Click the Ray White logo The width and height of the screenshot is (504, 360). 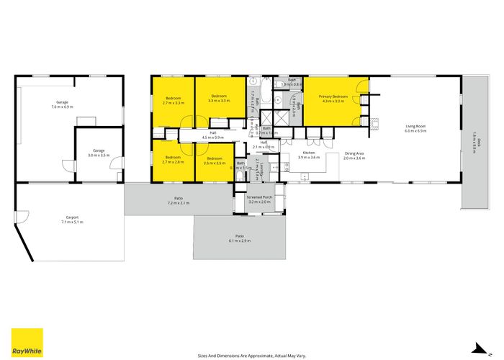coord(27,343)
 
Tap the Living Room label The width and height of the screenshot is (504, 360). coord(415,129)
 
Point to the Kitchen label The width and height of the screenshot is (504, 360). coord(308,155)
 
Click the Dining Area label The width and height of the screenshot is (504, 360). coord(354,155)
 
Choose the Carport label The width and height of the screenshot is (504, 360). coord(72,220)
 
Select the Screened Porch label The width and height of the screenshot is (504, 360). coord(259,199)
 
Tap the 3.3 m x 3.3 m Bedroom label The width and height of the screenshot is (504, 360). coord(219,99)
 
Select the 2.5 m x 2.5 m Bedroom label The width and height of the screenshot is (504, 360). coord(214,161)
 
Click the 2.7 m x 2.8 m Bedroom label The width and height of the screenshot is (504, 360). coord(174,160)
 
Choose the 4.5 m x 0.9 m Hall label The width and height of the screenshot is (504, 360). coord(213,135)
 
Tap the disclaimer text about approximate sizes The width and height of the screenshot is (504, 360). coord(251,355)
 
